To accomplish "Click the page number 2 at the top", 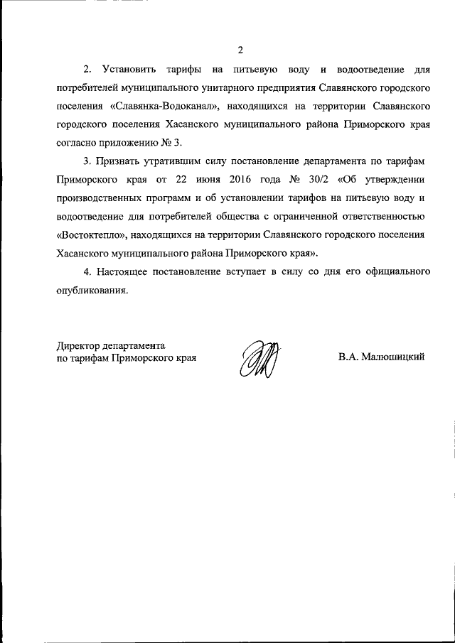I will (x=240, y=50).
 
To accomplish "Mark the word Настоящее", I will (x=135, y=271).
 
